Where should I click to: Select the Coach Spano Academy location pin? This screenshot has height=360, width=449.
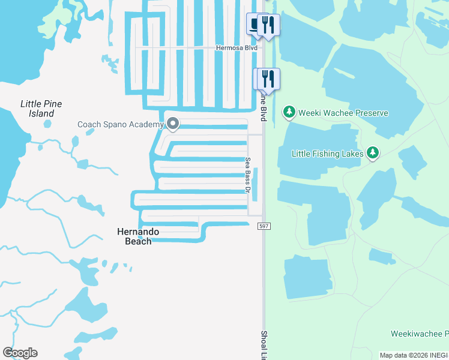pyautogui.click(x=173, y=124)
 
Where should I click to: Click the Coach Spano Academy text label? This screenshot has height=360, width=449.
pyautogui.click(x=121, y=125)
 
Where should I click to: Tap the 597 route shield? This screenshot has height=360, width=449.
pyautogui.click(x=264, y=226)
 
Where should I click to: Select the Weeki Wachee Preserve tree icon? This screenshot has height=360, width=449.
pyautogui.click(x=289, y=112)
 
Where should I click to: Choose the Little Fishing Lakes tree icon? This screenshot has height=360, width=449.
pyautogui.click(x=373, y=153)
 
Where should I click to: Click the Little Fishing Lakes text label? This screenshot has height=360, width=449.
pyautogui.click(x=328, y=154)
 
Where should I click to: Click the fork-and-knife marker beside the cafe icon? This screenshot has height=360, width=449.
pyautogui.click(x=269, y=25)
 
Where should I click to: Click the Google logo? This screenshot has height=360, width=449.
pyautogui.click(x=20, y=353)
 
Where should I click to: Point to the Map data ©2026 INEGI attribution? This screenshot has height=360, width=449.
pyautogui.click(x=414, y=355)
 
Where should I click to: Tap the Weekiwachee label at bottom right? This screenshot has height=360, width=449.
pyautogui.click(x=420, y=334)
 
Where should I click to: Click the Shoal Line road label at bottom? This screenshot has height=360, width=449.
pyautogui.click(x=264, y=344)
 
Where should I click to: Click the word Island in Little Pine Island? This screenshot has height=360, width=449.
pyautogui.click(x=41, y=113)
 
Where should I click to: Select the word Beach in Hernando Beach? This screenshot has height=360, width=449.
pyautogui.click(x=138, y=241)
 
